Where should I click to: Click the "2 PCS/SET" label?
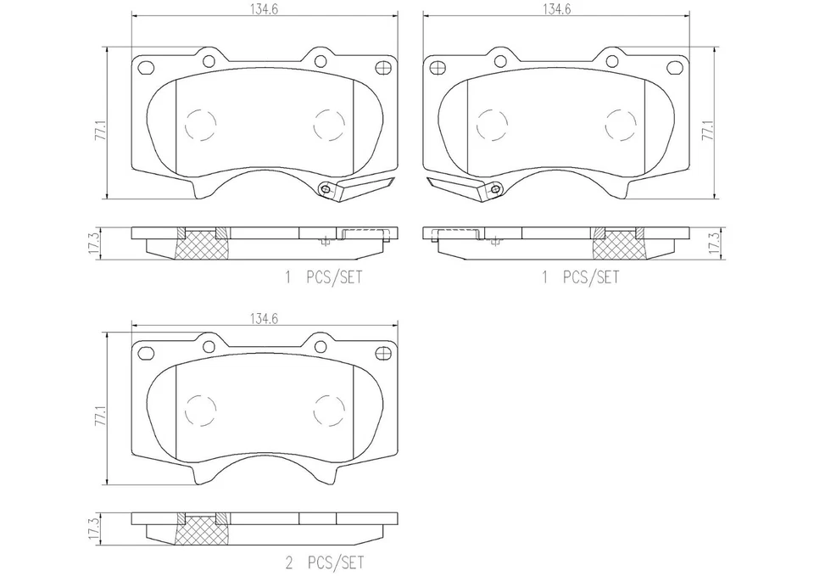[325, 562]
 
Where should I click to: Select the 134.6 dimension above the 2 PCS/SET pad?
[265, 318]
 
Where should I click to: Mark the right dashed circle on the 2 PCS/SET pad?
[329, 411]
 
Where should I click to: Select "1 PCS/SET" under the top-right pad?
[580, 277]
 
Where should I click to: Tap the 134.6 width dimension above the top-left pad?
[265, 9]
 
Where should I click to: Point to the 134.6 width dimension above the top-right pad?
[555, 9]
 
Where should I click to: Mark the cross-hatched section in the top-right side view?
[617, 245]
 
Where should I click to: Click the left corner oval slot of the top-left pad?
[146, 68]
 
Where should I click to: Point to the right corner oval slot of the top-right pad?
[674, 68]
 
